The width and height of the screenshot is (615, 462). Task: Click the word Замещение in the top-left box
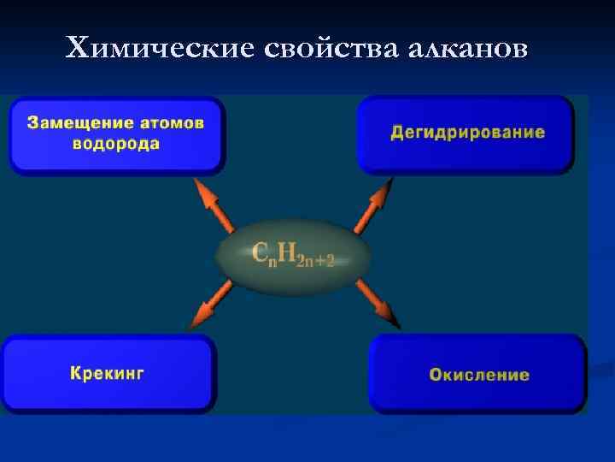click(74, 123)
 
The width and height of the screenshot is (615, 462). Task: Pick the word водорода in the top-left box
click(116, 144)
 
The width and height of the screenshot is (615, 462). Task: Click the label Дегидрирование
click(467, 133)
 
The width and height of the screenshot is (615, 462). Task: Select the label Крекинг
click(107, 373)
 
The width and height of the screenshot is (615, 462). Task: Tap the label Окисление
click(479, 375)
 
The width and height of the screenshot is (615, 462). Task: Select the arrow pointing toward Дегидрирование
click(373, 206)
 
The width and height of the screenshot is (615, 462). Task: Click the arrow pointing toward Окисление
click(378, 304)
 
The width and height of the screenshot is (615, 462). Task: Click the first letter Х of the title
click(76, 49)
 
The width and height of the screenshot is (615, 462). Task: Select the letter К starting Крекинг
click(76, 373)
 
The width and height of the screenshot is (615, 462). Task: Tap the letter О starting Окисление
click(436, 375)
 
